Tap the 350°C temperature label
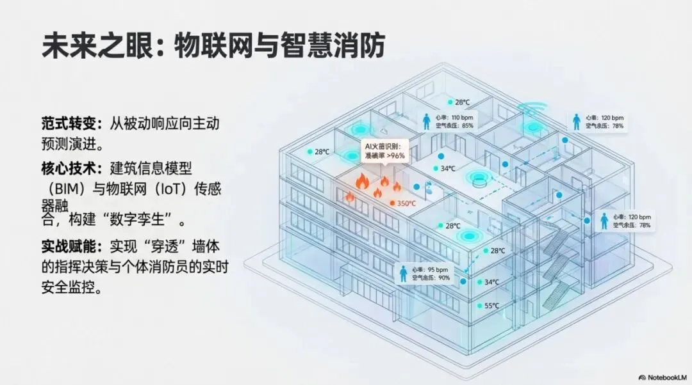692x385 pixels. click(x=406, y=203)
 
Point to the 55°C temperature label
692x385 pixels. click(x=491, y=306)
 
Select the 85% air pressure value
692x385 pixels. click(x=468, y=126)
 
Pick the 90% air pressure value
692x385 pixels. click(x=444, y=278)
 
